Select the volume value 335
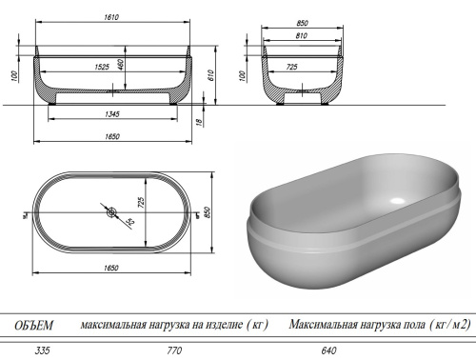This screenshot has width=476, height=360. point(42,350)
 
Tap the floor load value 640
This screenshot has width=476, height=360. point(329,350)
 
